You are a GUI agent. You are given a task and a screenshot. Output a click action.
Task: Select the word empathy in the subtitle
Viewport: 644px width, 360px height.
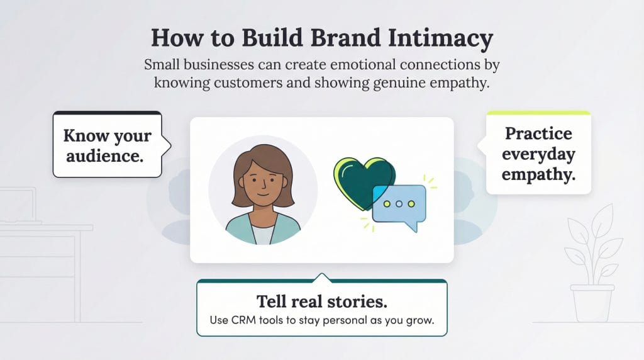pyautogui.click(x=454, y=84)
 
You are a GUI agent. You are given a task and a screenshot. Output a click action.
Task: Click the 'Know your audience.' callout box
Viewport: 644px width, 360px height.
pyautogui.click(x=108, y=145)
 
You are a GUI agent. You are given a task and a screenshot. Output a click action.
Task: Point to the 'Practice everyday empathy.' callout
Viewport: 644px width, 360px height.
pyautogui.click(x=539, y=154)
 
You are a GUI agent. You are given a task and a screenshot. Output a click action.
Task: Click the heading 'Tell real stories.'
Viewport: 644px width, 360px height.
pyautogui.click(x=321, y=300)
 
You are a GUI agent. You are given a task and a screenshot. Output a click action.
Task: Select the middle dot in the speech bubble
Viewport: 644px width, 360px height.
pyautogui.click(x=399, y=204)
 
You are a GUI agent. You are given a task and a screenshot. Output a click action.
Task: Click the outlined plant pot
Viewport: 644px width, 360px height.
pyautogui.click(x=592, y=303)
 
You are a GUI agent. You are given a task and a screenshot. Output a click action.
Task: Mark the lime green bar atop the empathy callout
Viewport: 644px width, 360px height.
pyautogui.click(x=538, y=113)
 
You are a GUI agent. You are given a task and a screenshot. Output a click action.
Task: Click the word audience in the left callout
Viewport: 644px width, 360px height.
pyautogui.click(x=104, y=155)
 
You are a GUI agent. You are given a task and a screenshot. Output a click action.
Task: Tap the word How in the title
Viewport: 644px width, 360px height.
pyautogui.click(x=172, y=39)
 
